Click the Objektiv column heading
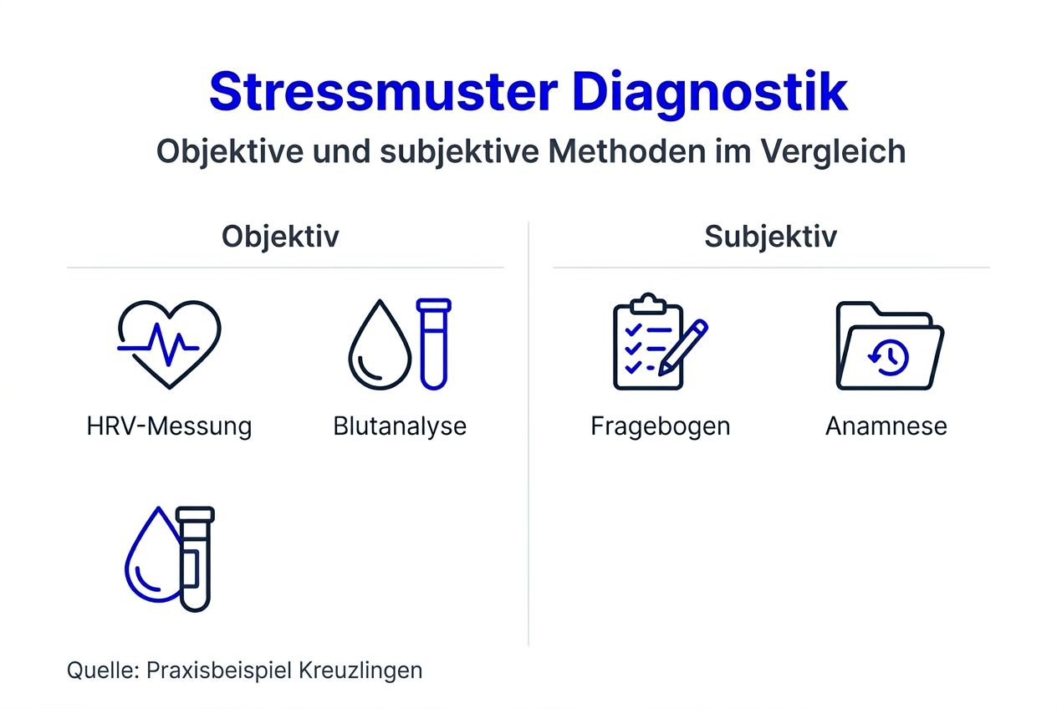click(x=280, y=237)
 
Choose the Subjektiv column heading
click(x=770, y=237)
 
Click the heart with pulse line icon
click(x=169, y=343)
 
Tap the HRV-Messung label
click(x=169, y=426)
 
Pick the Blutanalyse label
click(x=400, y=426)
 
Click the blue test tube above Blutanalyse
click(x=434, y=343)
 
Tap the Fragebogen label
click(x=661, y=426)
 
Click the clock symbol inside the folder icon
click(x=890, y=357)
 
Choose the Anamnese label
click(x=886, y=426)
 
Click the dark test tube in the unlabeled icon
click(x=196, y=559)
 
